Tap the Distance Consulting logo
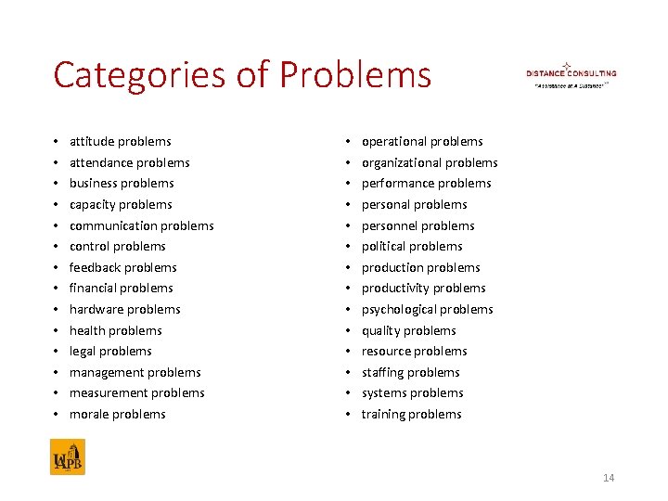(x=571, y=74)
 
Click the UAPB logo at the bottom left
(x=68, y=457)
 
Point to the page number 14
(x=609, y=478)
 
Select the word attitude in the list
(x=91, y=142)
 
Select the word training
(x=382, y=414)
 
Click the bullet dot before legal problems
(x=56, y=352)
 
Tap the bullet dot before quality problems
(x=348, y=330)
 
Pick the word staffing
(x=381, y=372)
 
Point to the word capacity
(x=93, y=204)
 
